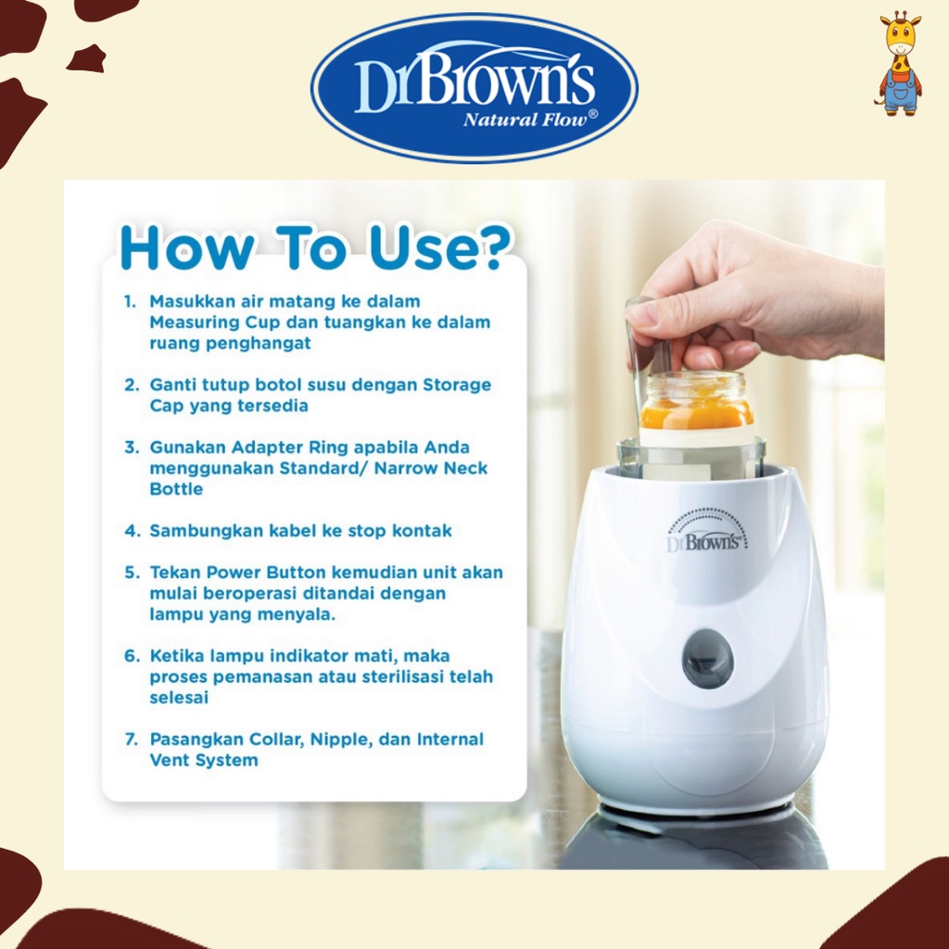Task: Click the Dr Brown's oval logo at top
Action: point(474,88)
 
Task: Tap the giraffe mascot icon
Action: point(898,62)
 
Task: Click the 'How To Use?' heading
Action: point(316,247)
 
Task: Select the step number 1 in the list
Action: point(130,302)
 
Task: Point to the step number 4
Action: point(131,532)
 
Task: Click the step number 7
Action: point(131,740)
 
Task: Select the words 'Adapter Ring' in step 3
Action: point(266,448)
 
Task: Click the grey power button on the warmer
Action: point(707,659)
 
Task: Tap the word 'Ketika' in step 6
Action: point(175,656)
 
